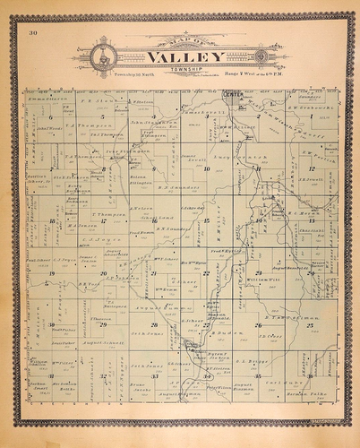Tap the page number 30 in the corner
pyautogui.click(x=33, y=33)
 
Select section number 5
pyautogui.click(x=51, y=117)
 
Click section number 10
pyautogui.click(x=206, y=168)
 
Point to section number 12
pyautogui.click(x=311, y=168)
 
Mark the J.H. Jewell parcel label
pyautogui.click(x=311, y=179)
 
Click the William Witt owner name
pyautogui.click(x=259, y=280)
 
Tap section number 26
pyautogui.click(x=259, y=325)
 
